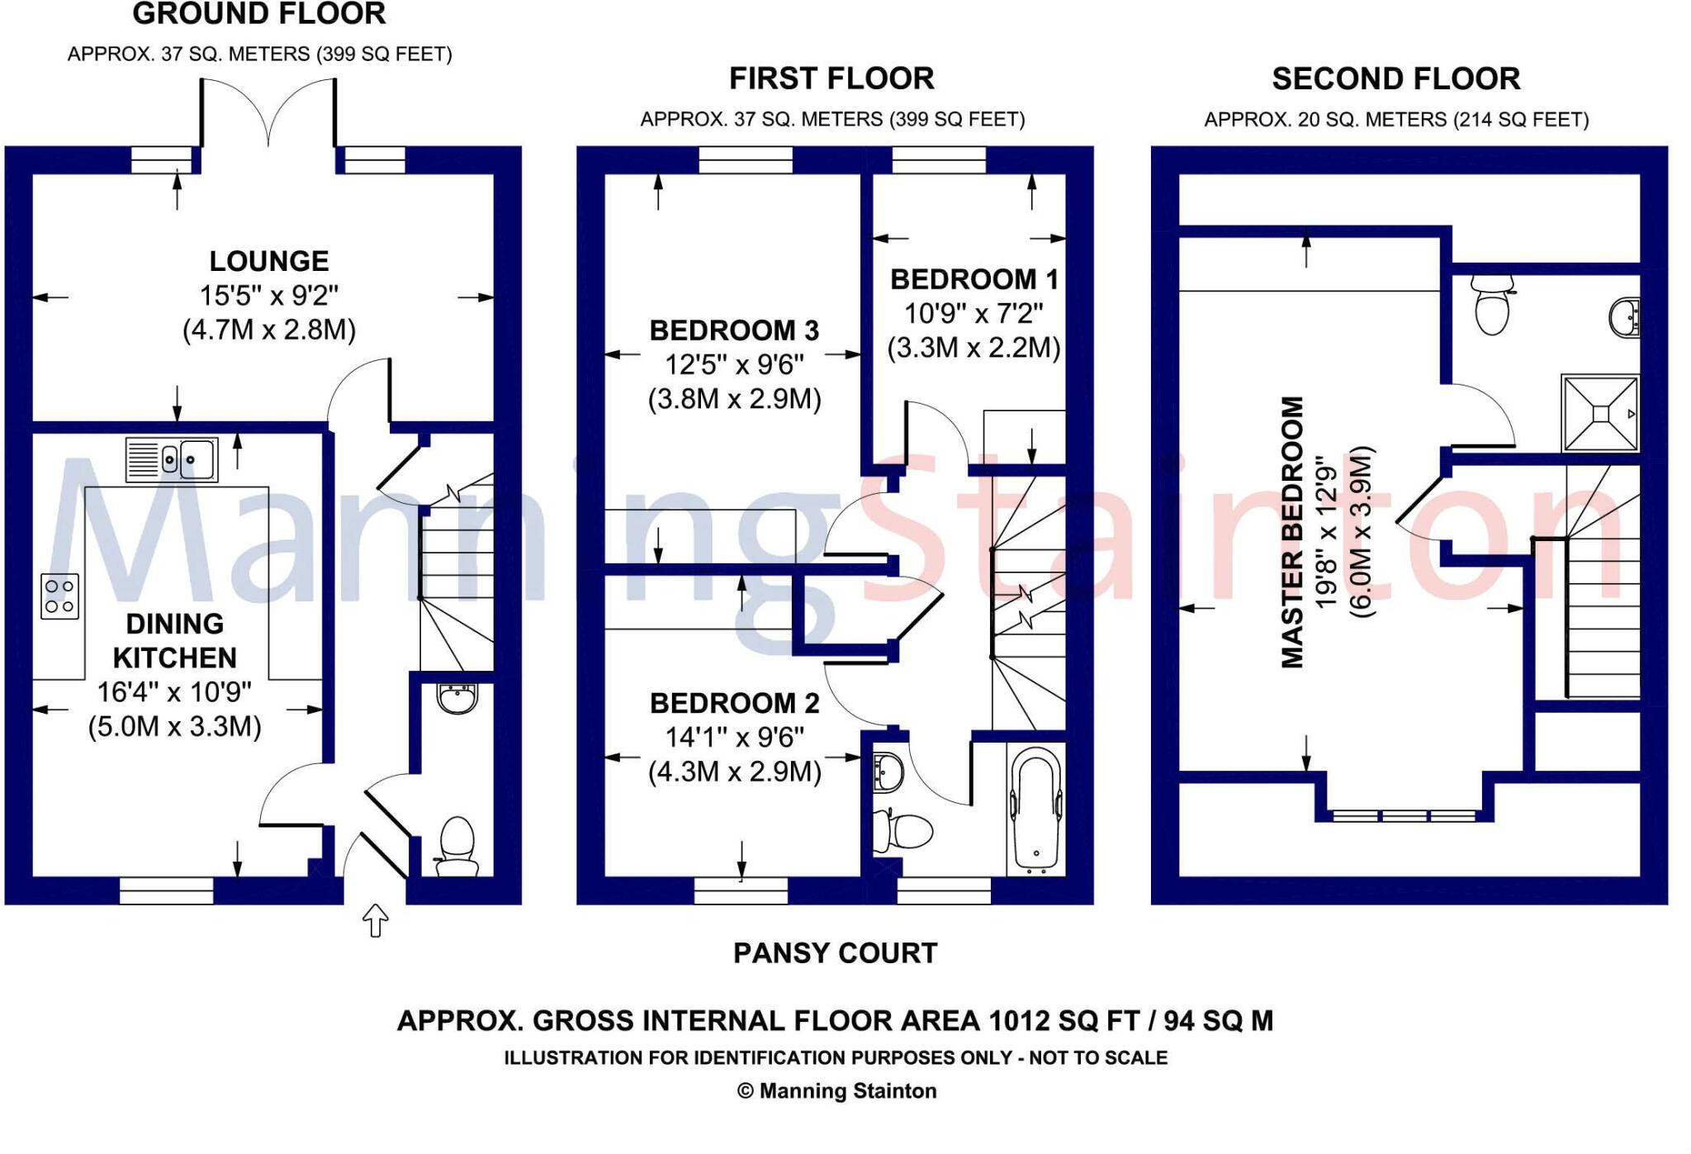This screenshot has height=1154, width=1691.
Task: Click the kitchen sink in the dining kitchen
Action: (172, 459)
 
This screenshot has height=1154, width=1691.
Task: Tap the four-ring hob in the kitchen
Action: (59, 596)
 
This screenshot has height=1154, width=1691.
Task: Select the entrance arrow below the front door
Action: (376, 919)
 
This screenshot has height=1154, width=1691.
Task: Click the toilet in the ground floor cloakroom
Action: (457, 845)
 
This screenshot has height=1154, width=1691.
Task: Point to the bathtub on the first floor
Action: (1035, 808)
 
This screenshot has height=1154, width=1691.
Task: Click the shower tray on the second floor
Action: (1599, 413)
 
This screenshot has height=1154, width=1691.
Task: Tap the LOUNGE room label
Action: (268, 261)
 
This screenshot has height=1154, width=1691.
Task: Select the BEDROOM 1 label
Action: (973, 279)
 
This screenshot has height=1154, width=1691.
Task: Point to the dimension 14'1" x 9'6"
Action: (734, 737)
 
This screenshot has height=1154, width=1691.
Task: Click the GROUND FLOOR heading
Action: (258, 14)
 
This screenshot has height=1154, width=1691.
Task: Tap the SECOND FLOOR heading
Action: (1395, 79)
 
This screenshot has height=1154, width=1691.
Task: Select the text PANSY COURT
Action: (835, 953)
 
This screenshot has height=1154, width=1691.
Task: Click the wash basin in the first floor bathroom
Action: (888, 772)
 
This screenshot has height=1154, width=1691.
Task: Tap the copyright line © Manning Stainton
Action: (836, 1091)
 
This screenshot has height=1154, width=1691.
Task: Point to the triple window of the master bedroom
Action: (1404, 815)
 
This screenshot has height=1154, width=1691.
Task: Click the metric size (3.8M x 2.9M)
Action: (734, 399)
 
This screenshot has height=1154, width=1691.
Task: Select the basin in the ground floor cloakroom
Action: (457, 698)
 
